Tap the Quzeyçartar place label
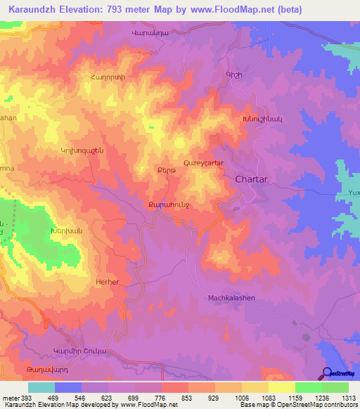204,162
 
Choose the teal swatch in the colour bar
41,387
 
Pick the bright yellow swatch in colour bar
281,387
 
